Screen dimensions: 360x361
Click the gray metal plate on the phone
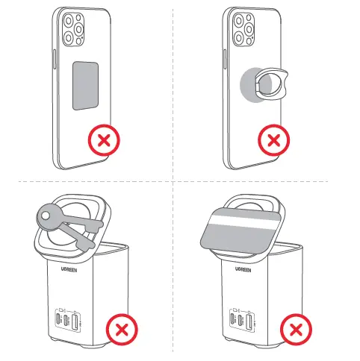[x=85, y=86]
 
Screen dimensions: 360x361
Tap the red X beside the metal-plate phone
[x=104, y=140]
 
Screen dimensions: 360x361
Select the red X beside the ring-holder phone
[x=274, y=140]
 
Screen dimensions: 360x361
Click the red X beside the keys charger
[x=122, y=330]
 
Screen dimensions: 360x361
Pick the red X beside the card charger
[x=296, y=330]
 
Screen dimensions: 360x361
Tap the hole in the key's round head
[x=46, y=216]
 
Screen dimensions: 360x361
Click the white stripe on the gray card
[x=245, y=222]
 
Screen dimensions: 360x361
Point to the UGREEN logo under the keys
[x=69, y=269]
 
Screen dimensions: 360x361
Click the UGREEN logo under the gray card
[x=243, y=269]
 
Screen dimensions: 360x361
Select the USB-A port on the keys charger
[x=75, y=321]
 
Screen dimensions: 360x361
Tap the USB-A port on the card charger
[x=249, y=321]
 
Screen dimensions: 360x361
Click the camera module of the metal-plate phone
[x=73, y=30]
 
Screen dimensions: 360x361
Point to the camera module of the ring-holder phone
[x=243, y=30]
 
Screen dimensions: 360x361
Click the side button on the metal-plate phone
[x=54, y=59]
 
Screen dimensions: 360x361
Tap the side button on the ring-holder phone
[x=224, y=59]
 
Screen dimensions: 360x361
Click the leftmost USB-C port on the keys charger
[x=59, y=319]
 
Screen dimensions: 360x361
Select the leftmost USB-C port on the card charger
[x=233, y=319]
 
